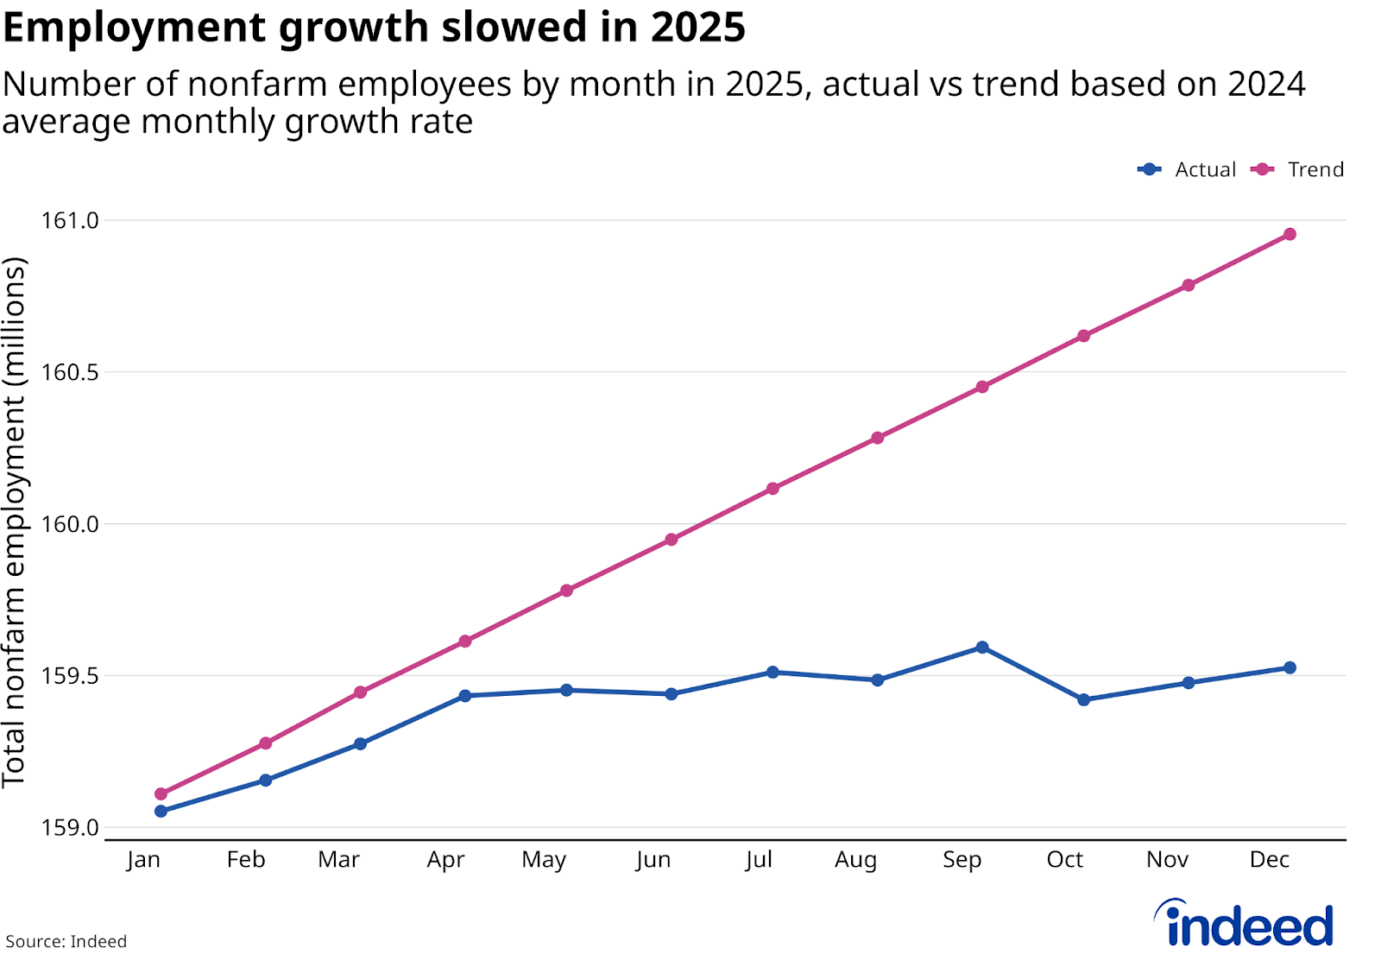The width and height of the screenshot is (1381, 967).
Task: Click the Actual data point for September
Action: pyautogui.click(x=982, y=648)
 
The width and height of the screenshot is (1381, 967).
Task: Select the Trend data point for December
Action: pyautogui.click(x=1290, y=234)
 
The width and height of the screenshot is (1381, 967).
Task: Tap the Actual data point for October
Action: pyautogui.click(x=1084, y=699)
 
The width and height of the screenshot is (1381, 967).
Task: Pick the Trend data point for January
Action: pyautogui.click(x=161, y=793)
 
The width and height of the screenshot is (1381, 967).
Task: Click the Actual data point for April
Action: pyautogui.click(x=465, y=696)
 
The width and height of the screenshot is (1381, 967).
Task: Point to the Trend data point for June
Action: pyautogui.click(x=672, y=540)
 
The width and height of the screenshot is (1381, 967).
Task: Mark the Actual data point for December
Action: pyautogui.click(x=1290, y=667)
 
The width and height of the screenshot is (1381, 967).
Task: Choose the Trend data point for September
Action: pyautogui.click(x=982, y=387)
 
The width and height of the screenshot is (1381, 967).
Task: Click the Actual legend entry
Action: pyautogui.click(x=1188, y=169)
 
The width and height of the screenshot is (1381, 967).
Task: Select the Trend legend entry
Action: pyautogui.click(x=1298, y=169)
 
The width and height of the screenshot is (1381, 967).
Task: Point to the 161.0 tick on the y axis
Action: pyautogui.click(x=71, y=221)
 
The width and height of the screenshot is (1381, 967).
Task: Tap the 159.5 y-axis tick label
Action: pyautogui.click(x=71, y=676)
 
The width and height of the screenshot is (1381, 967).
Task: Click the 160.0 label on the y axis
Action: pyautogui.click(x=71, y=524)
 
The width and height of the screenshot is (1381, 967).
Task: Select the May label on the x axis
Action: pyautogui.click(x=544, y=860)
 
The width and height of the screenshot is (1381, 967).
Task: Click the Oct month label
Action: pyautogui.click(x=1064, y=860)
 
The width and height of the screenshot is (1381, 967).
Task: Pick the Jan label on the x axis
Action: pyautogui.click(x=143, y=860)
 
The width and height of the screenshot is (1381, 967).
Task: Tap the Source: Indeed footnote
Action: pyautogui.click(x=66, y=941)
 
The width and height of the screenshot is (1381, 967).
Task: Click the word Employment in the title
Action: pyautogui.click(x=134, y=28)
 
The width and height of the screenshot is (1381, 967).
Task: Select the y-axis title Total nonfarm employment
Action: pyautogui.click(x=16, y=522)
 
